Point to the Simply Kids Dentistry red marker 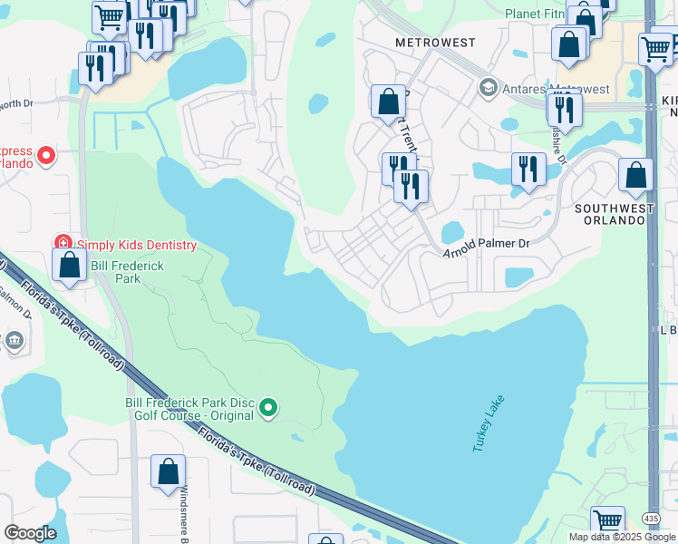[x=63, y=244]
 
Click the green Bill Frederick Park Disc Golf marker [x=267, y=408]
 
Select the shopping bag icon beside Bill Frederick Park [x=69, y=265]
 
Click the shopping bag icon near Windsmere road [x=168, y=472]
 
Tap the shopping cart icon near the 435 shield [x=607, y=522]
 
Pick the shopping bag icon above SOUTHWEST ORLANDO [x=635, y=174]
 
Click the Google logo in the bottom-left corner [x=30, y=533]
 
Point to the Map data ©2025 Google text [x=622, y=537]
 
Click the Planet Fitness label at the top [x=540, y=14]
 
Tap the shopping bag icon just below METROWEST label [x=388, y=102]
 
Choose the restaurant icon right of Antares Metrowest [x=563, y=109]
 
